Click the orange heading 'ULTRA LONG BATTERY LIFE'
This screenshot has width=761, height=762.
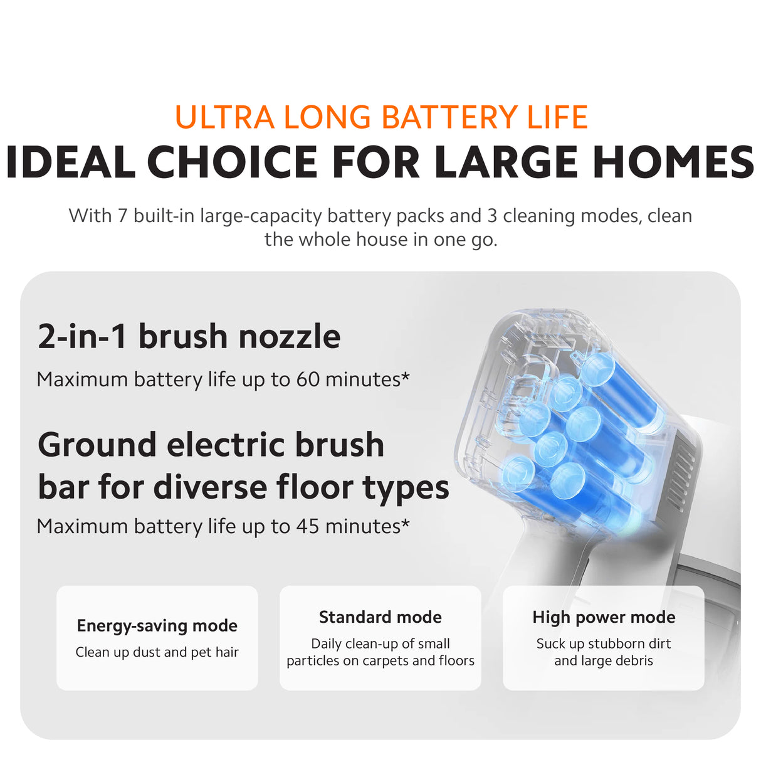tap(381, 117)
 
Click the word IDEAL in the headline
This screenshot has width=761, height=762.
tap(70, 162)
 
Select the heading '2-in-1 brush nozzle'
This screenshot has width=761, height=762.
tap(189, 336)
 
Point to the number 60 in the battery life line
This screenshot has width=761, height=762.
tap(308, 379)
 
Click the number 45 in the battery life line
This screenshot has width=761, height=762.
tap(308, 526)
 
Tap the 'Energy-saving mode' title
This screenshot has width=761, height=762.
tap(157, 625)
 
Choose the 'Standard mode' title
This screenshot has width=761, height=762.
tap(380, 617)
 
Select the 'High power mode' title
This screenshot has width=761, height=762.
tap(604, 617)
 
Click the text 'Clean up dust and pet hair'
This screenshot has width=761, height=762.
tap(157, 652)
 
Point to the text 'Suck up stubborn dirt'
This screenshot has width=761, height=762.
tap(604, 643)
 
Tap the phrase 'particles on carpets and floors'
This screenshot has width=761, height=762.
tap(380, 660)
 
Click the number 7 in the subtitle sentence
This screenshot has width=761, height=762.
tap(122, 216)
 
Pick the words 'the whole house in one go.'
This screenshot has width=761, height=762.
tap(381, 240)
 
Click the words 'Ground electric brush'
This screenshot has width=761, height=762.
tap(211, 445)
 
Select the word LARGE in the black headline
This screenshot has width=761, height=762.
tap(505, 162)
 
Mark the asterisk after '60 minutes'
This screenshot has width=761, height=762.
tap(406, 376)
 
